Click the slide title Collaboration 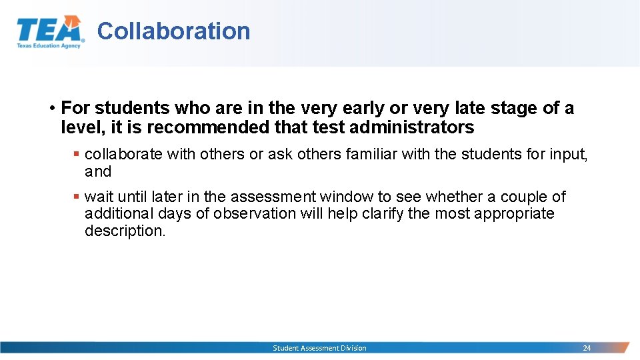coord(173,31)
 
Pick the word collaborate coord(123,154)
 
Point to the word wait coord(99,197)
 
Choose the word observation coord(257,214)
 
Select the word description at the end coord(124,231)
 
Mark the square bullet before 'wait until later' coord(77,197)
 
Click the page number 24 coord(587,348)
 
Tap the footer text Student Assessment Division coord(319,348)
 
